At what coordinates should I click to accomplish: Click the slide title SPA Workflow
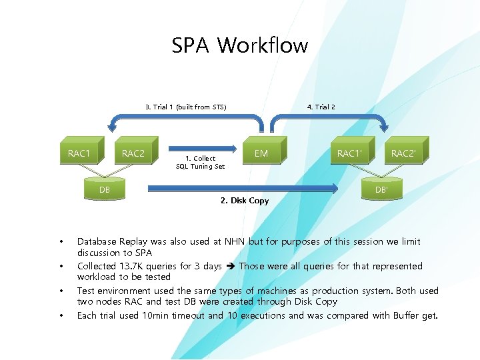pyautogui.click(x=239, y=46)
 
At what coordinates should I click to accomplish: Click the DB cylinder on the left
pyautogui.click(x=105, y=190)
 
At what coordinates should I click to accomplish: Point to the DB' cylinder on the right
pyautogui.click(x=381, y=189)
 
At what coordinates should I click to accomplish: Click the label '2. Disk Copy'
pyautogui.click(x=244, y=201)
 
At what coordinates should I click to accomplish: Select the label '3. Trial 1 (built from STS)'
pyautogui.click(x=185, y=107)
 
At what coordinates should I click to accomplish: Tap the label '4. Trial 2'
pyautogui.click(x=321, y=107)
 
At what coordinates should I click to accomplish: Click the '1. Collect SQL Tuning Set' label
pyautogui.click(x=200, y=162)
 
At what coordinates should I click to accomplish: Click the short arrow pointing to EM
pyautogui.click(x=204, y=147)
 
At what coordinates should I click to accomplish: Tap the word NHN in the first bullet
pyautogui.click(x=235, y=241)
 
